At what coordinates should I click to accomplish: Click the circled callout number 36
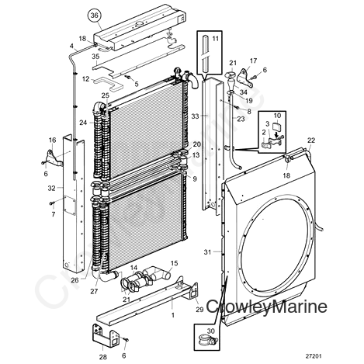[95, 16]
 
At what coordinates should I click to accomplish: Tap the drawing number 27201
[314, 356]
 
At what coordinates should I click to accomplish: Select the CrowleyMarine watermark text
[267, 307]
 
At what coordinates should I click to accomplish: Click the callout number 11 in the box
[215, 39]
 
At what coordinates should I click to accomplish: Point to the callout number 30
[211, 331]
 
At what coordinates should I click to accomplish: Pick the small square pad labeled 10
[277, 127]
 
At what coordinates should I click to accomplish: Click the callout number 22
[311, 140]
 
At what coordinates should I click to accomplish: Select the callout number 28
[103, 357]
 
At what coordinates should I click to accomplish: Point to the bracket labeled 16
[54, 158]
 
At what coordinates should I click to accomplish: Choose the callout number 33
[196, 116]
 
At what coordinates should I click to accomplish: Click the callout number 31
[207, 251]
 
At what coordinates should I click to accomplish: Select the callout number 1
[173, 315]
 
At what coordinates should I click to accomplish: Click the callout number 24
[83, 123]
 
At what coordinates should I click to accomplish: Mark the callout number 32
[52, 189]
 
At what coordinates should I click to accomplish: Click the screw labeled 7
[51, 204]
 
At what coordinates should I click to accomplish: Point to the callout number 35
[95, 57]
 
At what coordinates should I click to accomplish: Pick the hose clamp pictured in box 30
[208, 341]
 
